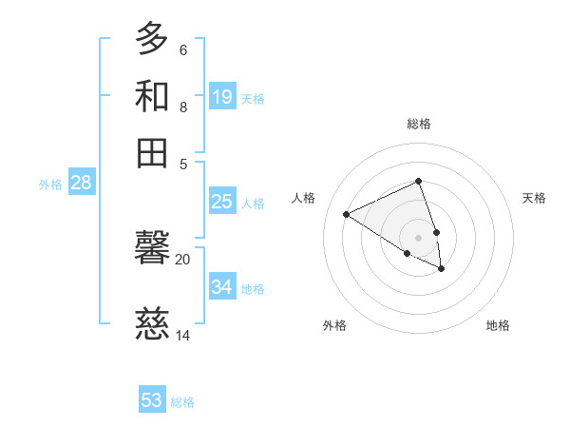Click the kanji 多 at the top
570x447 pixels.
(x=152, y=40)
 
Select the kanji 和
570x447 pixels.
(x=152, y=96)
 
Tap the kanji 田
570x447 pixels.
(x=152, y=152)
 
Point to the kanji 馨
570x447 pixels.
(x=152, y=250)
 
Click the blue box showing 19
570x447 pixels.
(x=222, y=97)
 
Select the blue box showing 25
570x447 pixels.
(x=222, y=202)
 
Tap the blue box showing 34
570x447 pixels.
(x=222, y=287)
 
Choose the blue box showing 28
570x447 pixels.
(x=81, y=184)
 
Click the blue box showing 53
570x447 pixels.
(x=152, y=400)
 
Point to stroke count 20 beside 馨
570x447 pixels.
(x=182, y=259)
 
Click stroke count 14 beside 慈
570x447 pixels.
(x=182, y=335)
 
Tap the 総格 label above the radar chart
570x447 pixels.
(x=419, y=124)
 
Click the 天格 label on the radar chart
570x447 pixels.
(x=534, y=198)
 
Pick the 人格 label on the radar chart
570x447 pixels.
(x=304, y=198)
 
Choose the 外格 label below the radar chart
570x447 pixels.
(x=334, y=325)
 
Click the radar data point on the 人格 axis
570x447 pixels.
(x=347, y=214)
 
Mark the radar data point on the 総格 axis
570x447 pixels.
(x=419, y=181)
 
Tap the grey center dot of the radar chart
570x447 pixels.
(x=419, y=237)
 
